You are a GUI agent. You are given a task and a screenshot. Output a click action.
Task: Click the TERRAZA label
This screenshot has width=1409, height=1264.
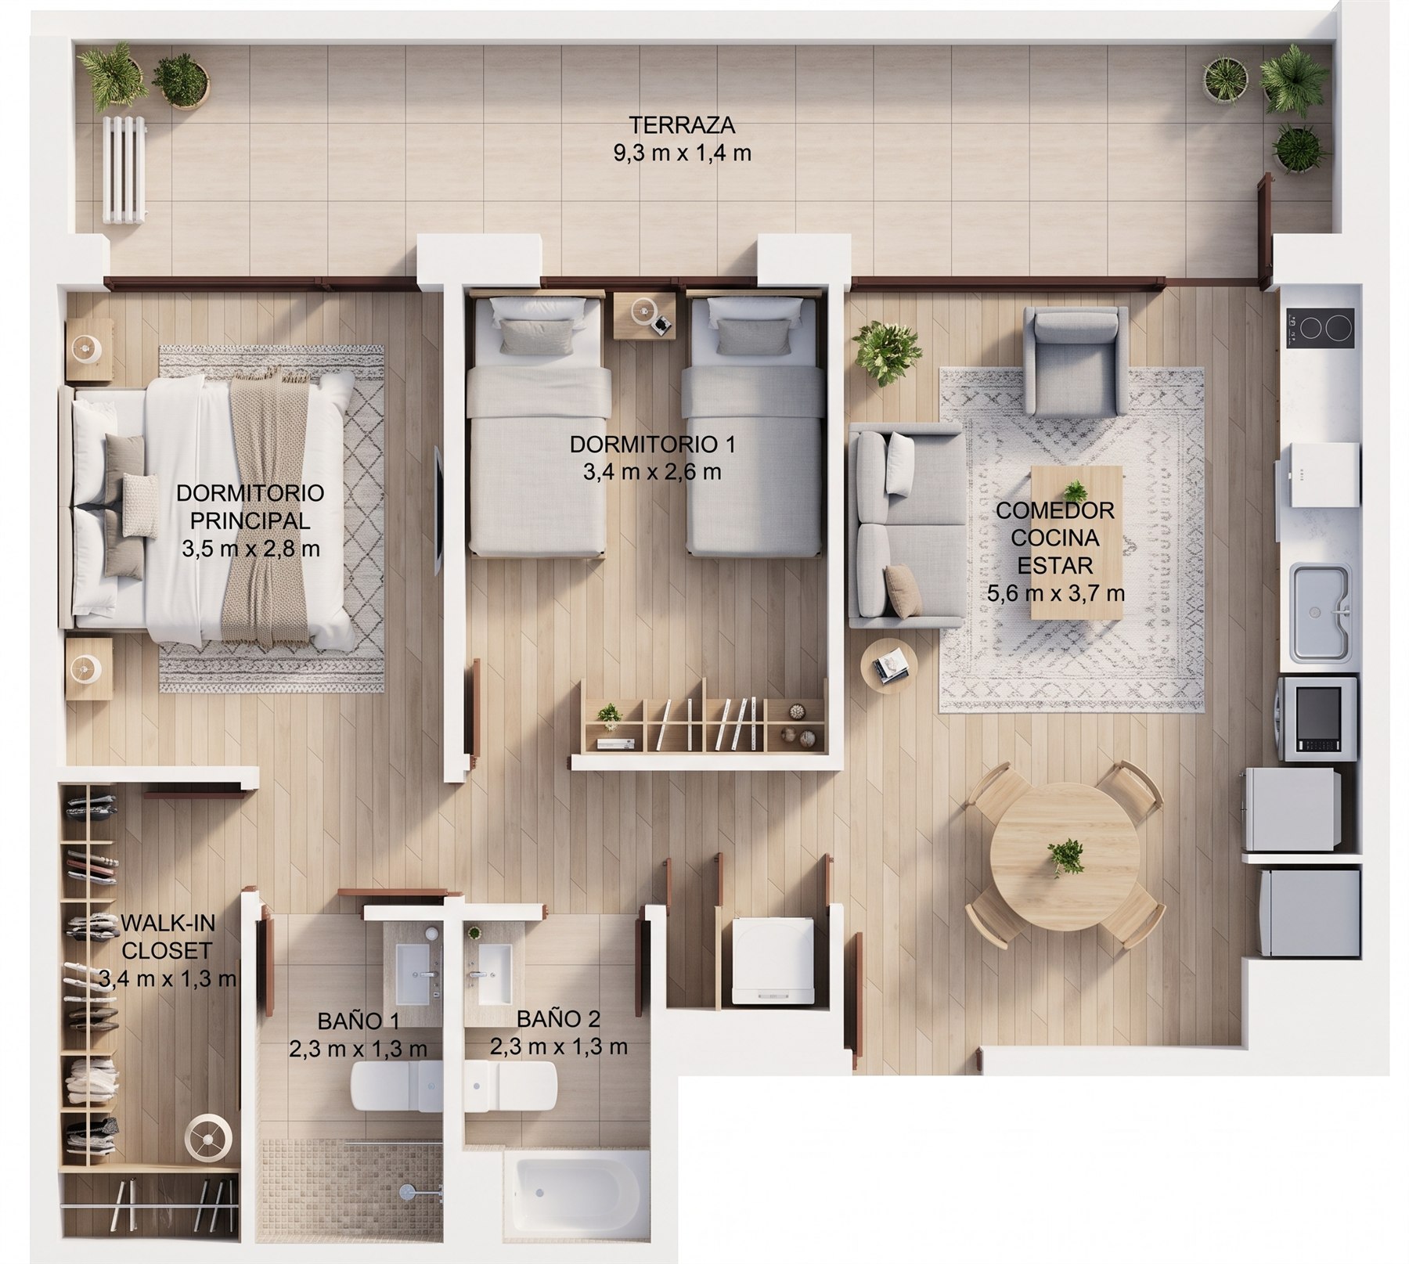(683, 125)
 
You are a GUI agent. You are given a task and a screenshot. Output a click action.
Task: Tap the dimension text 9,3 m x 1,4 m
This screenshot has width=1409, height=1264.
(683, 153)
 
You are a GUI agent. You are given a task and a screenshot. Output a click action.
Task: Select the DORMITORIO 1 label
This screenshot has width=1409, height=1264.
(652, 445)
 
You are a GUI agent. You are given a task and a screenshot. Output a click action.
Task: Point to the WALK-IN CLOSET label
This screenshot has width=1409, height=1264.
(168, 937)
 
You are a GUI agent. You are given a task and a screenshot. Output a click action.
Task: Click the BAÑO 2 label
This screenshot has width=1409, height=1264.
(558, 1019)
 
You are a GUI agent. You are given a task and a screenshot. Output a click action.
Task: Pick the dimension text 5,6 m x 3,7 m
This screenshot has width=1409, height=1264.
(1056, 593)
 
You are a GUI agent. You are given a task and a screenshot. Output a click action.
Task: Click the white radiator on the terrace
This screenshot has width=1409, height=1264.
(124, 171)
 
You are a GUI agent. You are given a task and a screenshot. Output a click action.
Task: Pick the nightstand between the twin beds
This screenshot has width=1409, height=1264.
(643, 315)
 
